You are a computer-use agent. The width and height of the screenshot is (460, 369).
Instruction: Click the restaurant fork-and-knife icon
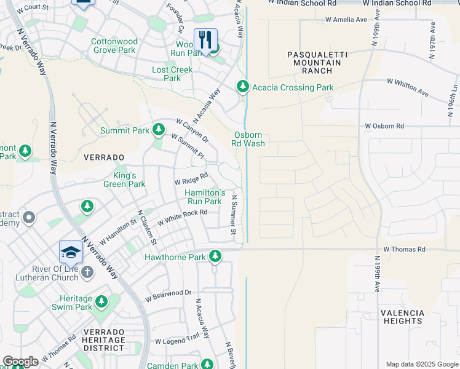click(206, 39)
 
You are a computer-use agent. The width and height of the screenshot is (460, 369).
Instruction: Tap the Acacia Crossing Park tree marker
click(244, 87)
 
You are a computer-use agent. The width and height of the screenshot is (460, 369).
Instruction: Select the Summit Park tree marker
click(159, 130)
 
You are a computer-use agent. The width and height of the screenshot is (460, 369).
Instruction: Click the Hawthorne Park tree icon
click(215, 256)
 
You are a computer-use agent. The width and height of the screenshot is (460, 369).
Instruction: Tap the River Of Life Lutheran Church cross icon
click(87, 272)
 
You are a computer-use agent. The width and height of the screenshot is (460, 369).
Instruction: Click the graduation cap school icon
click(71, 252)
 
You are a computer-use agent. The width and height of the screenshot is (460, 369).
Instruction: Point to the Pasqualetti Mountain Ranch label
click(317, 63)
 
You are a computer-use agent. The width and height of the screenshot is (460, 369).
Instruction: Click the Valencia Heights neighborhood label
click(402, 317)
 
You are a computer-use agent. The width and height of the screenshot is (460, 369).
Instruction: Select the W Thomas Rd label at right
click(404, 249)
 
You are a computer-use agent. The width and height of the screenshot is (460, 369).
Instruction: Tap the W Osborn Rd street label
click(384, 126)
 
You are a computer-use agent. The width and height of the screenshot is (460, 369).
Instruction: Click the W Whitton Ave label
click(407, 86)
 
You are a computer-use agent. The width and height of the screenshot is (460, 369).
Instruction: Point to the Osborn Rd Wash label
click(248, 140)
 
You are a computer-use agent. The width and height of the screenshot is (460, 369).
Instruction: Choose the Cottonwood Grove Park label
click(114, 46)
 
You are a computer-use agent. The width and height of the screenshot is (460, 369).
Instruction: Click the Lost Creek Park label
click(172, 74)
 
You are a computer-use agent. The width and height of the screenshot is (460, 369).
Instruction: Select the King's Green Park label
click(124, 180)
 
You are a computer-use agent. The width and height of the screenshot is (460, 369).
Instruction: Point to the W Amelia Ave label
click(346, 20)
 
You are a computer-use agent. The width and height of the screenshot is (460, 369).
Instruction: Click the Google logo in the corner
click(21, 362)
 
